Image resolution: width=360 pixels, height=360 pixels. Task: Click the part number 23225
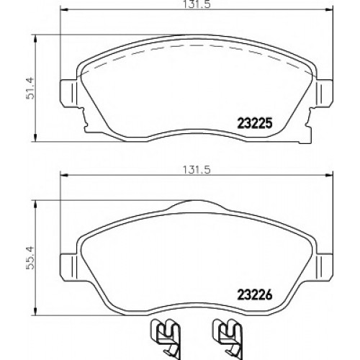[255, 123]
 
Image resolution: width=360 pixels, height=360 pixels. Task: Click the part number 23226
[255, 295]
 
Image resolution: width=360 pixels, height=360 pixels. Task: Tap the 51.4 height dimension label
[31, 89]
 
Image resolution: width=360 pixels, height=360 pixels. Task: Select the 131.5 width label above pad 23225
[197, 5]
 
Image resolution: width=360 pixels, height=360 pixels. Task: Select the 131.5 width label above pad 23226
[197, 170]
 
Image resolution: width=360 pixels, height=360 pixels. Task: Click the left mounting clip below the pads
[165, 339]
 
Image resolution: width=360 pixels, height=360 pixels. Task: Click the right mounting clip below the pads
[228, 339]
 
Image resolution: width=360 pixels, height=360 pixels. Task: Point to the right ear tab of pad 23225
[325, 92]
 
